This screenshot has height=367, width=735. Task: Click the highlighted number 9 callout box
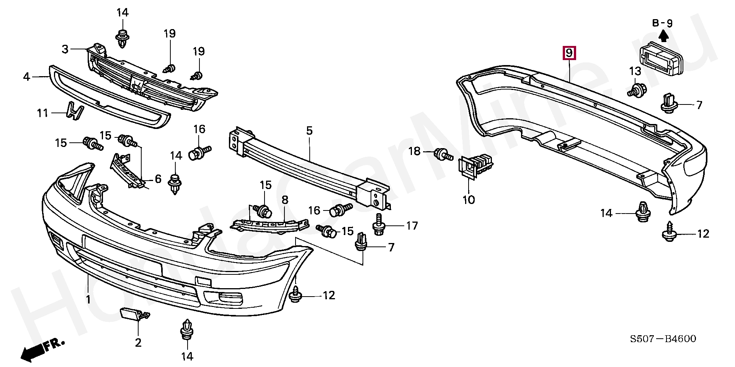point(569,53)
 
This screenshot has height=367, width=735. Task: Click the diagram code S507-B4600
point(663,339)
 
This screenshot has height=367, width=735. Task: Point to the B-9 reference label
point(662,23)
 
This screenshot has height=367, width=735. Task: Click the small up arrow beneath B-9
point(663,36)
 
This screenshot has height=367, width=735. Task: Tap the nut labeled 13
point(636,91)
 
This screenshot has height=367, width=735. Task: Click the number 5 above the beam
point(309,130)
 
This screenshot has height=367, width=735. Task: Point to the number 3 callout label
point(65,49)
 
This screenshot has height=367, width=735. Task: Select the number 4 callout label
point(26,77)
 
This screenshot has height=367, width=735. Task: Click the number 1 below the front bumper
point(88,299)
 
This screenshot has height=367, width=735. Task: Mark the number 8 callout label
point(285,200)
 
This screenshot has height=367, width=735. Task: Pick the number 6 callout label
point(158,179)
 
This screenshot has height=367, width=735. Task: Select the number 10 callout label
point(469,200)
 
